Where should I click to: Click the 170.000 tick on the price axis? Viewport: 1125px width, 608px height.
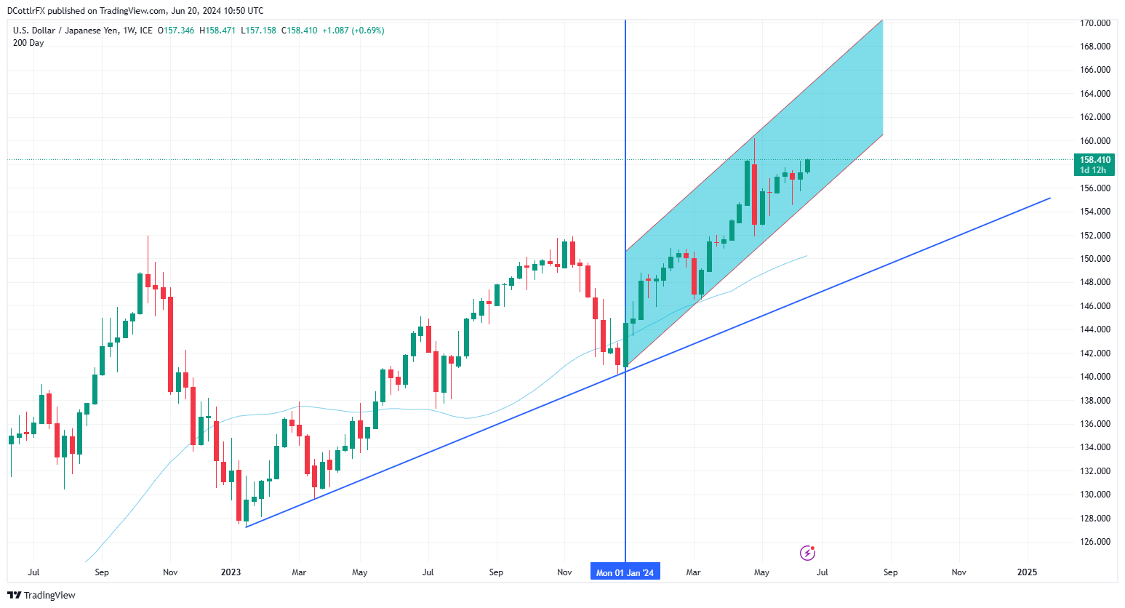[1094, 23]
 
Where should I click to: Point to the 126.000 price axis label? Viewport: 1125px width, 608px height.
[1094, 542]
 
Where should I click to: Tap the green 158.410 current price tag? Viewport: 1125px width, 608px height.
[1094, 160]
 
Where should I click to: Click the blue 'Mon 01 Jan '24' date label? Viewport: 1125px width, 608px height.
[625, 572]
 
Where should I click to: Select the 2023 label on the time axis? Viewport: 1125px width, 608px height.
[231, 572]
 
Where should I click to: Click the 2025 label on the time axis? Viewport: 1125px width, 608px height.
[1027, 572]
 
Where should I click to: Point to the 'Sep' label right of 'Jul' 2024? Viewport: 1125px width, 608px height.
[890, 572]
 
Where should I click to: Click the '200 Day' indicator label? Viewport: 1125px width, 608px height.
[28, 43]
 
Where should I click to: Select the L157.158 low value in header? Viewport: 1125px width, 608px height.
[258, 31]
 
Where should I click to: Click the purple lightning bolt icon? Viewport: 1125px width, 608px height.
[807, 553]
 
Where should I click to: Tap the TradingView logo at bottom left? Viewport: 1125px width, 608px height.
[41, 595]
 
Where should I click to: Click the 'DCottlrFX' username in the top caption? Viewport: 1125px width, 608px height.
[26, 11]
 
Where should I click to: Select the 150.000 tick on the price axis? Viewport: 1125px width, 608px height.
[1094, 259]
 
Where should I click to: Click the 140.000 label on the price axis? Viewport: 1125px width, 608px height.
[1094, 377]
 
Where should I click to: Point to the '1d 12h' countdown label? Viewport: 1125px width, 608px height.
[1093, 170]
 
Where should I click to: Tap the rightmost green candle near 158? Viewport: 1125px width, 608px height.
[807, 166]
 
